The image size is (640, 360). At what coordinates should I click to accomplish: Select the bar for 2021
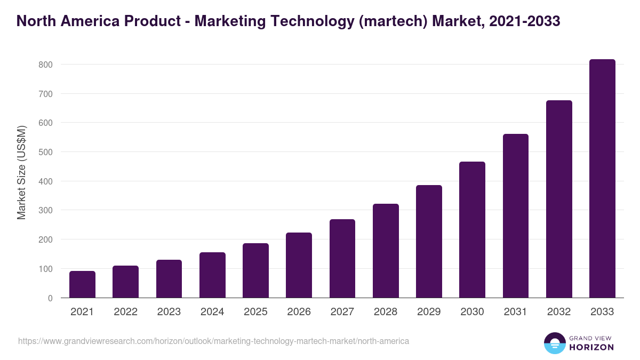pyautogui.click(x=82, y=284)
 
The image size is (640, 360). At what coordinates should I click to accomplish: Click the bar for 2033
pyautogui.click(x=602, y=179)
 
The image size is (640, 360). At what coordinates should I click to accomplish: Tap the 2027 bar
pyautogui.click(x=342, y=259)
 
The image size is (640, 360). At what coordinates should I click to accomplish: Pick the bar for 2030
pyautogui.click(x=472, y=230)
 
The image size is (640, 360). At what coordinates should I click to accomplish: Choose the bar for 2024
pyautogui.click(x=212, y=275)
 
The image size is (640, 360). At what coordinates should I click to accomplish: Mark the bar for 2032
pyautogui.click(x=559, y=199)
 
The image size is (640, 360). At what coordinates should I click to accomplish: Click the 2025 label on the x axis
pyautogui.click(x=255, y=312)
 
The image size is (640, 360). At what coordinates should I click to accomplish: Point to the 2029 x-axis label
pyautogui.click(x=429, y=312)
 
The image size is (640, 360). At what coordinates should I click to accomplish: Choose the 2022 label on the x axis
pyautogui.click(x=125, y=312)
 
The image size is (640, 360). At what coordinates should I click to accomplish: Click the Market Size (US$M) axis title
pyautogui.click(x=21, y=172)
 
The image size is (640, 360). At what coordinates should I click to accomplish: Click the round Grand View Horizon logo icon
pyautogui.click(x=555, y=343)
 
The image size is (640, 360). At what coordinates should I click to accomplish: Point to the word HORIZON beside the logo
pyautogui.click(x=591, y=347)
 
